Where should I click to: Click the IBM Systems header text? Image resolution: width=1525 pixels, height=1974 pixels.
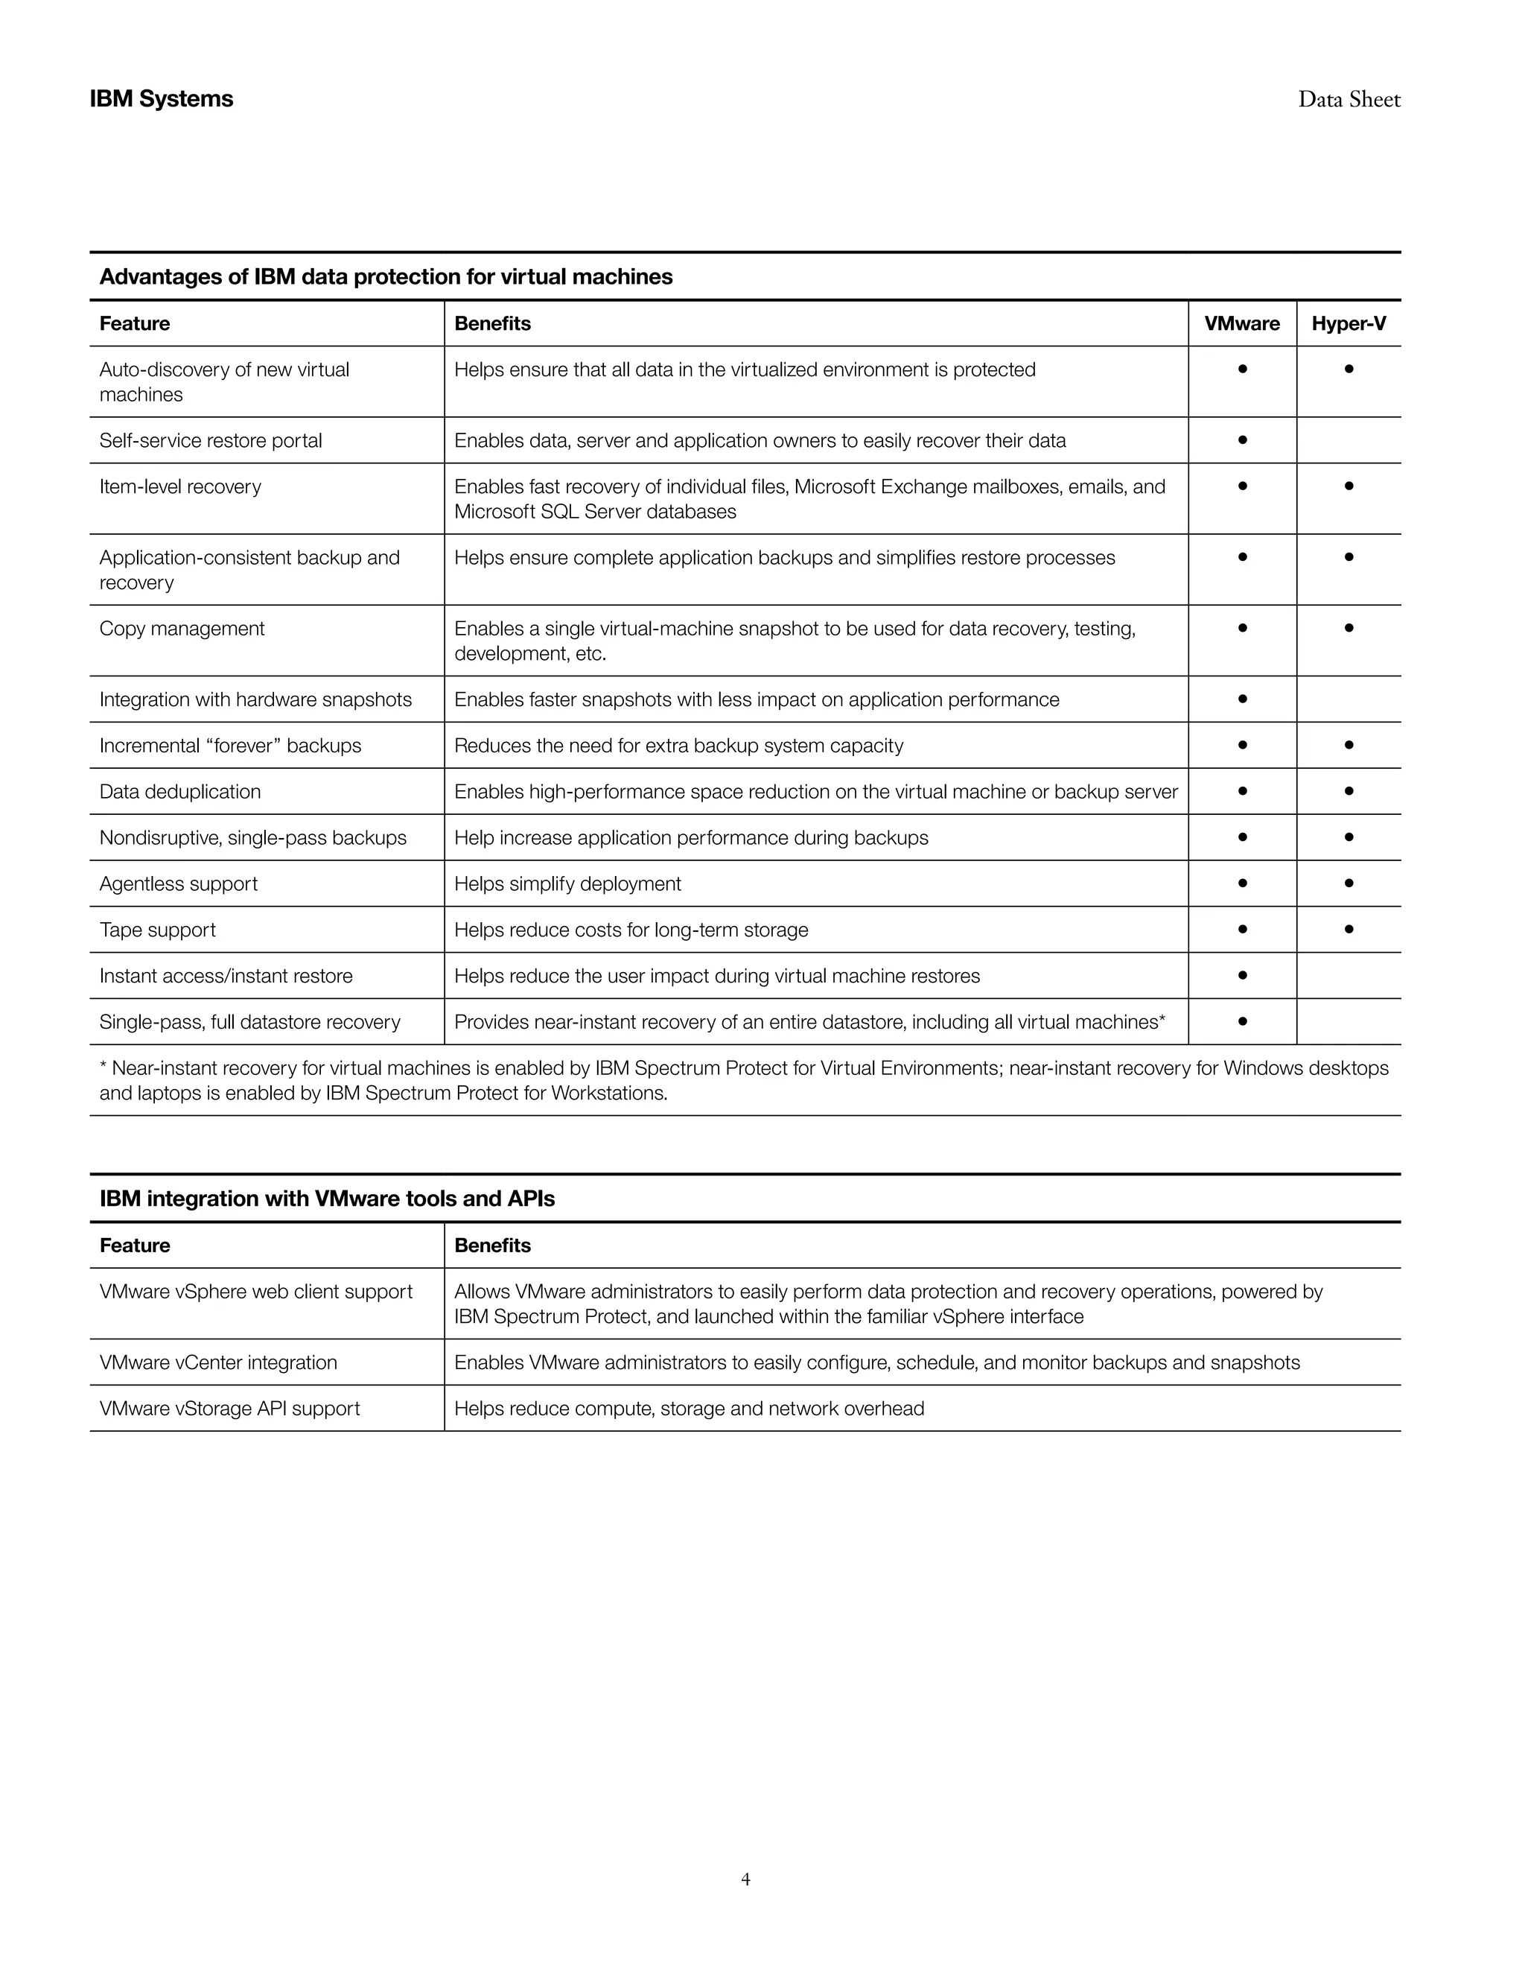(161, 98)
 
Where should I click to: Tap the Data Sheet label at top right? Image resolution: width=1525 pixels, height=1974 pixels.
(1349, 99)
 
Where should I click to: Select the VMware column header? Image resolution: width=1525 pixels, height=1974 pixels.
(1241, 323)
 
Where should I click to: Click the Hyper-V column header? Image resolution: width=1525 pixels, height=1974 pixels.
(1348, 323)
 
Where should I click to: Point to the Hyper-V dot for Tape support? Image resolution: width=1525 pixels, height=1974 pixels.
(1348, 928)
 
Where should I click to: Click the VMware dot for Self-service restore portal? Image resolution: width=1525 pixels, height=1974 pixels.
(1242, 440)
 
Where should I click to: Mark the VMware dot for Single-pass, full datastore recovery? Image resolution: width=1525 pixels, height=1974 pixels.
(1242, 1021)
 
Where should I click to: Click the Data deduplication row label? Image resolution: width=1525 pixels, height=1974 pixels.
(179, 792)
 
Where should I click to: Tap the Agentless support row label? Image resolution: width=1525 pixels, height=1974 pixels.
(178, 884)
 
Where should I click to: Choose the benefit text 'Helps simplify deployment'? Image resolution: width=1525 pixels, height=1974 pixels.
(567, 884)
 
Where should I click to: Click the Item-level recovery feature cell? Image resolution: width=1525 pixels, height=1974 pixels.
(179, 486)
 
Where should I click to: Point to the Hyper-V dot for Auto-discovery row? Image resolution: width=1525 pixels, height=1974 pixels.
(1348, 369)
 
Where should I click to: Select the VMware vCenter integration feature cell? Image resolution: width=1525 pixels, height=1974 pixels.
(217, 1362)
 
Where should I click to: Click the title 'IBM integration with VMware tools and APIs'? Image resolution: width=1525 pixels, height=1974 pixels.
(327, 1199)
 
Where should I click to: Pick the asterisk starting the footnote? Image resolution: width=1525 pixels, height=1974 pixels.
(103, 1067)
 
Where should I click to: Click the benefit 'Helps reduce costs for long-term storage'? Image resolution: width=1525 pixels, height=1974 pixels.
(631, 930)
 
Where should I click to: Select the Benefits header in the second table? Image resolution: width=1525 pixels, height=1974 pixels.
(492, 1245)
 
